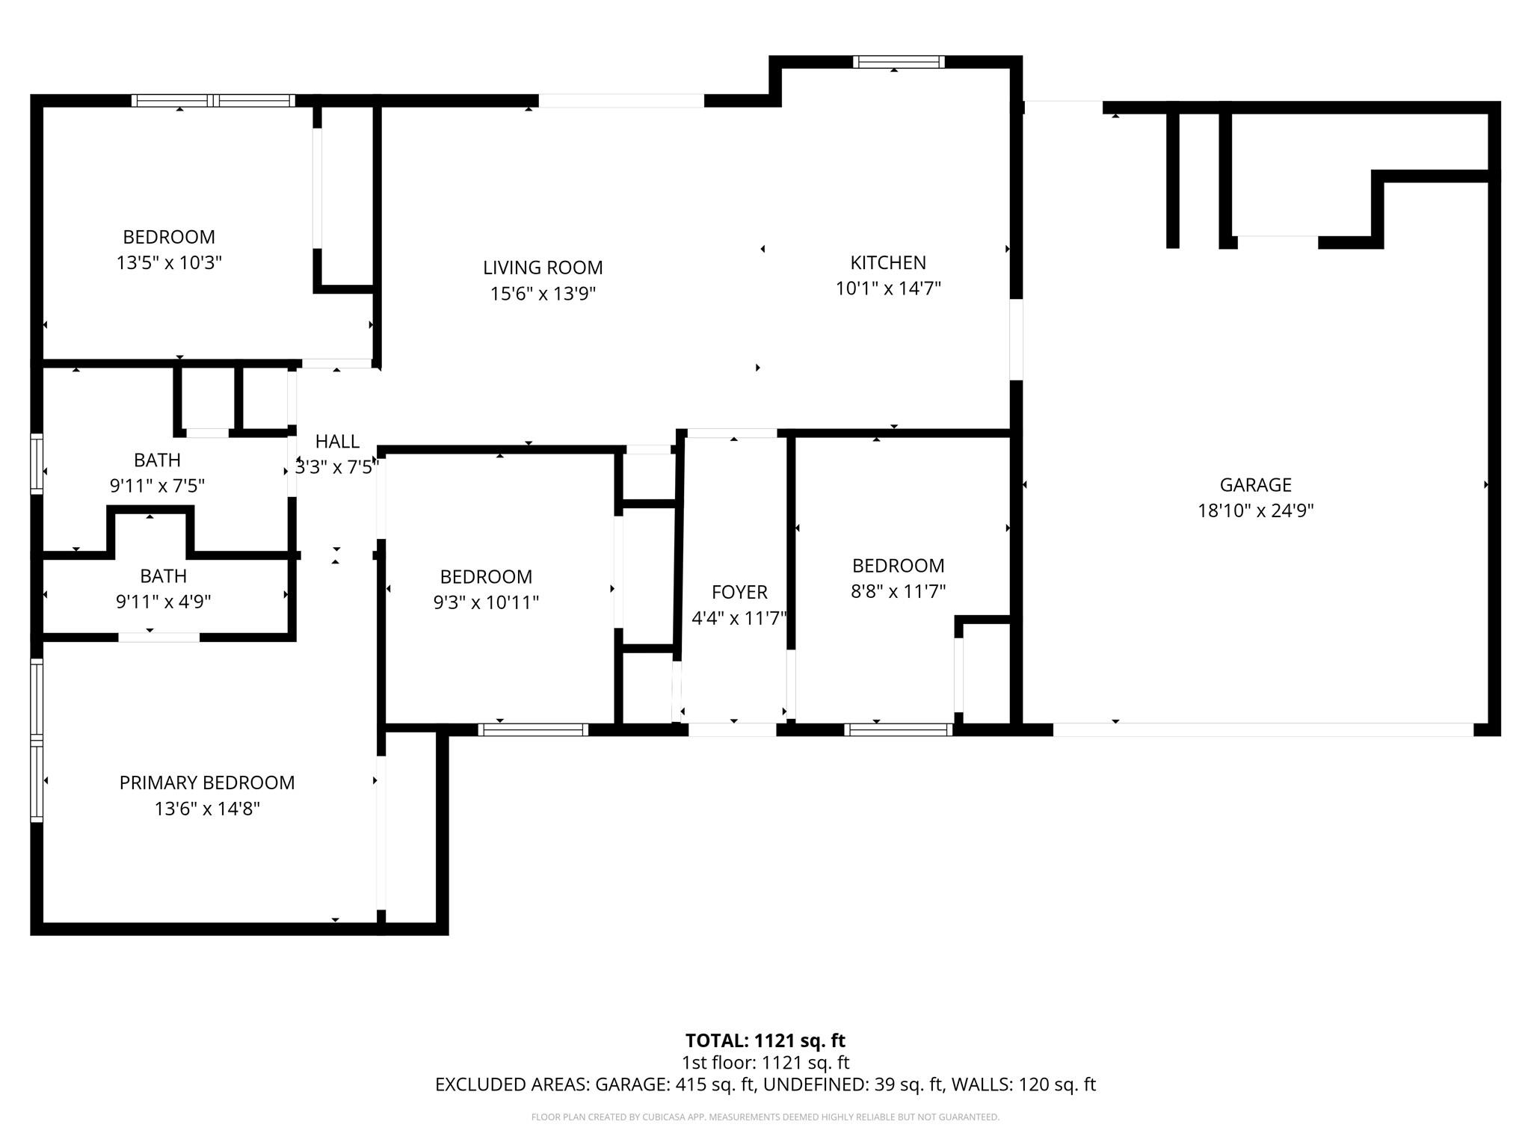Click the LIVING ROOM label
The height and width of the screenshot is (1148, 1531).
pyautogui.click(x=543, y=268)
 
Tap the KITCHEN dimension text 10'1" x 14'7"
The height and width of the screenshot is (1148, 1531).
pyautogui.click(x=887, y=288)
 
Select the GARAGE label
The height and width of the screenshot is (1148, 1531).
pyautogui.click(x=1255, y=485)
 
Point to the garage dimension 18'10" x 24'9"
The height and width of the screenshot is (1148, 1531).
pyautogui.click(x=1255, y=511)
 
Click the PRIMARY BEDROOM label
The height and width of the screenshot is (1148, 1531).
pyautogui.click(x=207, y=783)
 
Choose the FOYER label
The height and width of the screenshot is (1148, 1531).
pyautogui.click(x=739, y=593)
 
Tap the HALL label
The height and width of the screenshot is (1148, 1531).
pyautogui.click(x=337, y=442)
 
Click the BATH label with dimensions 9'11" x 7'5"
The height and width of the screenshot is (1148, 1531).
pyautogui.click(x=157, y=460)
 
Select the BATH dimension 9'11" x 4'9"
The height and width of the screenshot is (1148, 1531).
pyautogui.click(x=163, y=602)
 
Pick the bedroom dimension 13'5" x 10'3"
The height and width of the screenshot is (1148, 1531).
pyautogui.click(x=169, y=263)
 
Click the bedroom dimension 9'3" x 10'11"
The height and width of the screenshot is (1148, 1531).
pyautogui.click(x=486, y=602)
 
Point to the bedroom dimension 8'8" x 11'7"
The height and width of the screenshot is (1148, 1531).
pyautogui.click(x=898, y=591)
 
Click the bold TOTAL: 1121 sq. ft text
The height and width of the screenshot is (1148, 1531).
pyautogui.click(x=765, y=1040)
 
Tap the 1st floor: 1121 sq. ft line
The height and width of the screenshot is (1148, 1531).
pyautogui.click(x=765, y=1063)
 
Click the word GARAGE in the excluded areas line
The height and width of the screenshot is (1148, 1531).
pyautogui.click(x=632, y=1084)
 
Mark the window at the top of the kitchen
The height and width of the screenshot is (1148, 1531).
pyautogui.click(x=898, y=62)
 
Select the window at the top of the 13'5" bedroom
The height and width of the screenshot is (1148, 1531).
pyautogui.click(x=213, y=101)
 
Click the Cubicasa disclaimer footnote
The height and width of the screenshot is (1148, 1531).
pyautogui.click(x=765, y=1117)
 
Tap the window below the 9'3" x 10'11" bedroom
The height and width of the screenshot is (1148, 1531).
pyautogui.click(x=533, y=729)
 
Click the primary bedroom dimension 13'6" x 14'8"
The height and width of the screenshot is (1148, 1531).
pyautogui.click(x=207, y=809)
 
